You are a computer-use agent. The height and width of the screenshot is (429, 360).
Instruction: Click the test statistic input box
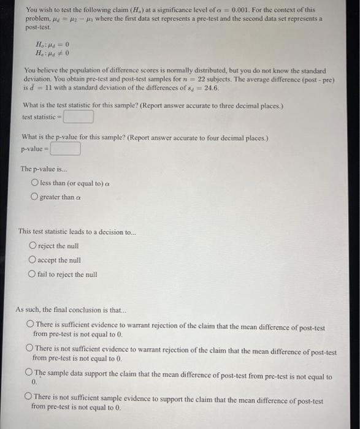78,116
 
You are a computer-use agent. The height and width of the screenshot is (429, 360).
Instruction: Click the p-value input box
66,149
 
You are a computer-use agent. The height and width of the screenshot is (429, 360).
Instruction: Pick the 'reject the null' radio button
32,246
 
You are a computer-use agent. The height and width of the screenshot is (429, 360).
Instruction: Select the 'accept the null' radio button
32,260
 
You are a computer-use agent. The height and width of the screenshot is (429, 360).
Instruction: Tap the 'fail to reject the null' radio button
32,275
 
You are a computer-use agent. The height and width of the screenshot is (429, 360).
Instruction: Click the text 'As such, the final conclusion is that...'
71,309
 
